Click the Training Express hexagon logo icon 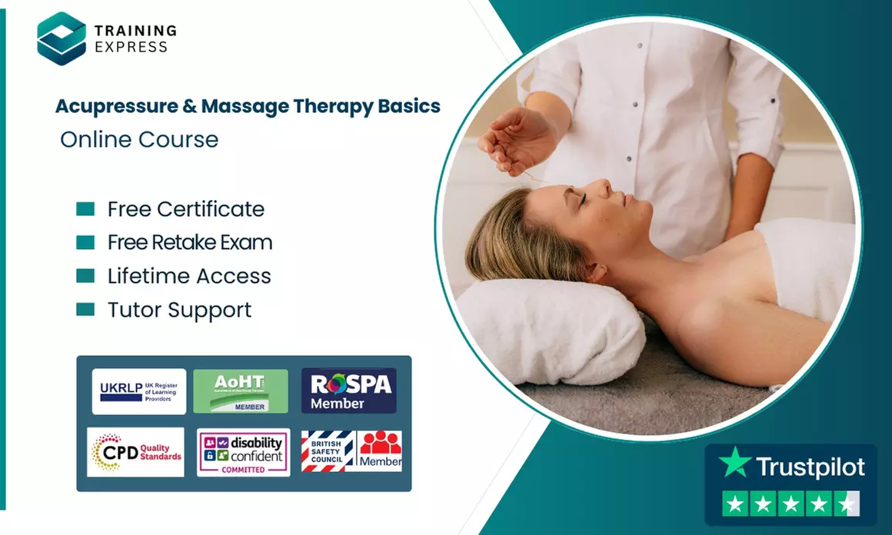point(62,38)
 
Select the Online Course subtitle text point(139,139)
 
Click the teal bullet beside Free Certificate point(85,209)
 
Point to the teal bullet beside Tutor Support point(85,310)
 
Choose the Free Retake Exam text point(190,243)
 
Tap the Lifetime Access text point(189,276)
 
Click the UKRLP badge point(139,391)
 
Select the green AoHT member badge point(241,391)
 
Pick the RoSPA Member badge point(348,391)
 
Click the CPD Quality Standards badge point(136,451)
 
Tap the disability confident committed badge point(243,452)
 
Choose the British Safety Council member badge point(351,451)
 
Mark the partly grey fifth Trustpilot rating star point(847,504)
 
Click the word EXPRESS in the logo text point(131,47)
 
